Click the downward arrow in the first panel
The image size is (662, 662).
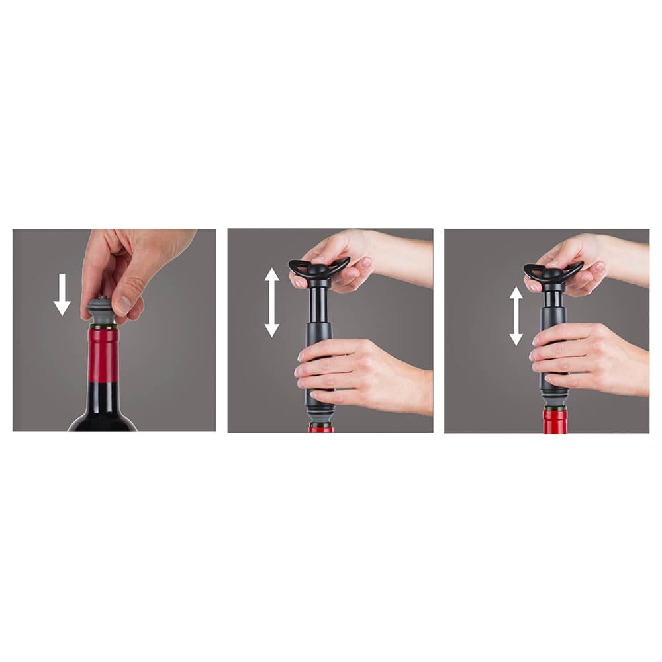pyautogui.click(x=62, y=295)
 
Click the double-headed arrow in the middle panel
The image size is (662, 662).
pyautogui.click(x=272, y=302)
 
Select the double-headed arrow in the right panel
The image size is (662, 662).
pyautogui.click(x=516, y=315)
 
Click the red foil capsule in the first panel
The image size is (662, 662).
pyautogui.click(x=103, y=354)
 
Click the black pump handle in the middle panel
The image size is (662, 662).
pyautogui.click(x=318, y=269)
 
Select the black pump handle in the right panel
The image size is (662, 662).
pyautogui.click(x=553, y=272)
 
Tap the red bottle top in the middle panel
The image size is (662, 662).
pyautogui.click(x=320, y=428)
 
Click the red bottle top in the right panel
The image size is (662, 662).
pyautogui.click(x=555, y=421)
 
